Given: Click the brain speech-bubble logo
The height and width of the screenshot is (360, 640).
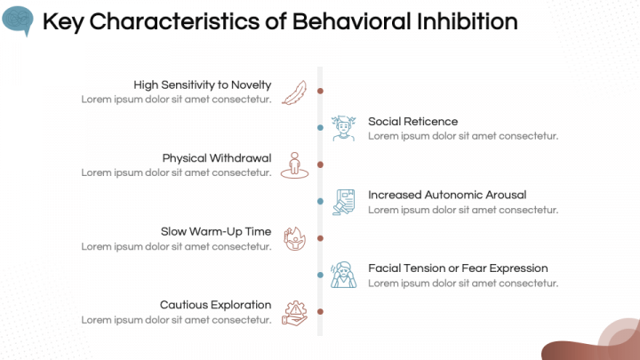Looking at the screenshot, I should pos(17,20).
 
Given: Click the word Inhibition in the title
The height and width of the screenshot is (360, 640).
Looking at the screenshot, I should pos(468,20).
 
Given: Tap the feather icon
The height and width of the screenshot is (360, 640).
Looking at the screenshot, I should pos(294,92).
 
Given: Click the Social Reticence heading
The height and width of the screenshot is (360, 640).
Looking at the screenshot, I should pos(412,121).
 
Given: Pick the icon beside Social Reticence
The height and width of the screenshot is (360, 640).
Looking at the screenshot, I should pos(344,128).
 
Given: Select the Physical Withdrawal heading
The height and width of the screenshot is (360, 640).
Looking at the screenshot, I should pos(216,158).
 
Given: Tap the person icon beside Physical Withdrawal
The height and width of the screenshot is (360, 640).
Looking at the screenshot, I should pos(294,165).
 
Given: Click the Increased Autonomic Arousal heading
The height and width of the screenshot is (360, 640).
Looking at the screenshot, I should pos(447,195).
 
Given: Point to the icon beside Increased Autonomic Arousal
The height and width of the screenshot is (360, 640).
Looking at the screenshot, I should pos(344,202).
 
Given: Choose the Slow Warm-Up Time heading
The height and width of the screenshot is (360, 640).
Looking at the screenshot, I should pos(216,231).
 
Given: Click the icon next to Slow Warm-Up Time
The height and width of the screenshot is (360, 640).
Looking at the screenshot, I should pos(294,238).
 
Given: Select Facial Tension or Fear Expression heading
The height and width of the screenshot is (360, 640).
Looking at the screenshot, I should pos(458,268).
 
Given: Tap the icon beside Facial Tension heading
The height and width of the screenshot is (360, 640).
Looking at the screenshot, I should pos(344,275).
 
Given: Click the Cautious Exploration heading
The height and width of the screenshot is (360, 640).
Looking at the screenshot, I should pos(215,305).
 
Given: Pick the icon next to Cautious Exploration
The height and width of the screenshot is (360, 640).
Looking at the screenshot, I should pos(294,312).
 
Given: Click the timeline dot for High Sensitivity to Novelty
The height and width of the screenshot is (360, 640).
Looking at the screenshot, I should pos(320,91).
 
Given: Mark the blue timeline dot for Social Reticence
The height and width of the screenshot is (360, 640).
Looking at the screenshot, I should pos(320,128).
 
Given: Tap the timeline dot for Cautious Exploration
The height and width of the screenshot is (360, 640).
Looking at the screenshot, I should pos(320,311).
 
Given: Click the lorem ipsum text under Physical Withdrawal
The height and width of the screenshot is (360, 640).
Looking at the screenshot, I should pos(176,172).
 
